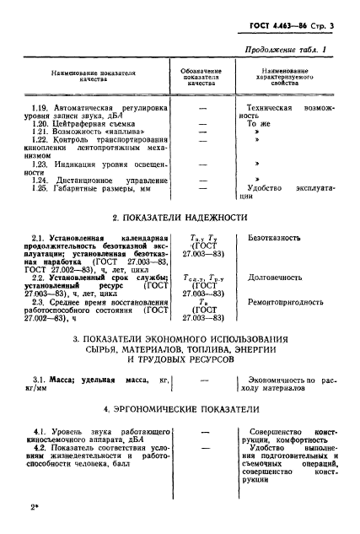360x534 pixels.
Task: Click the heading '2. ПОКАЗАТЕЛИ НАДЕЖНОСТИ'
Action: [x=179, y=218]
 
